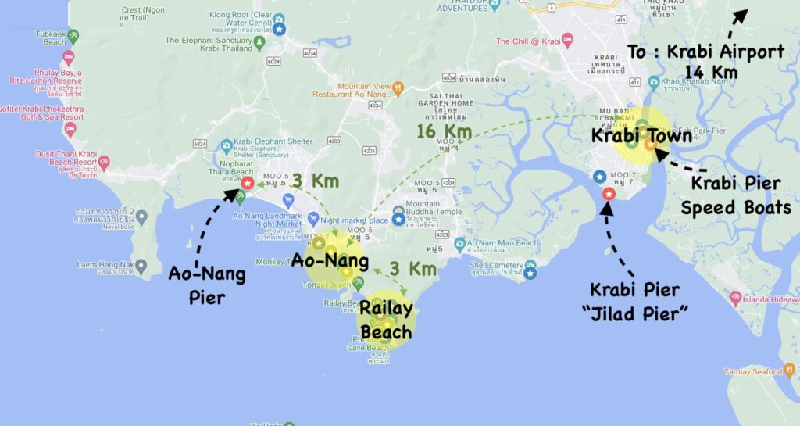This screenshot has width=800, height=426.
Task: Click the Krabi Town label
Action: coord(641,135)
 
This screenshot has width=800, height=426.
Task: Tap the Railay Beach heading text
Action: coord(385,320)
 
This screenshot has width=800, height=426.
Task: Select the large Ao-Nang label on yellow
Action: coord(330,260)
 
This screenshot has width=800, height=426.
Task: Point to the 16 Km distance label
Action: coord(437,131)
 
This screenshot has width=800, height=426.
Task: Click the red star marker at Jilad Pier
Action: coord(609,194)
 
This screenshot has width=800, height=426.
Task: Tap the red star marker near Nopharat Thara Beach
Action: coord(247,183)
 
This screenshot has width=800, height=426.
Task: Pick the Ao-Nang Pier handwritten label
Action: coord(207,285)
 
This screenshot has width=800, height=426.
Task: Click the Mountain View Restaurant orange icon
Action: coord(398,88)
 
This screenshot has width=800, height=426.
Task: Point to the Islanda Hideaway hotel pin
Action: coord(735,298)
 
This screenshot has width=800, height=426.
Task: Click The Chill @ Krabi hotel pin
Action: coord(568,41)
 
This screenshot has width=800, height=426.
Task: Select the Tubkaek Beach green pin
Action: coord(73,36)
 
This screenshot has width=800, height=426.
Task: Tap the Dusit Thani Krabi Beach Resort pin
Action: coord(104,162)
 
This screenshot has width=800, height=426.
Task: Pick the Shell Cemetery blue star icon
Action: coord(530,273)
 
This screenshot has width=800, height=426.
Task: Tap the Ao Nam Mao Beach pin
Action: coord(460,243)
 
